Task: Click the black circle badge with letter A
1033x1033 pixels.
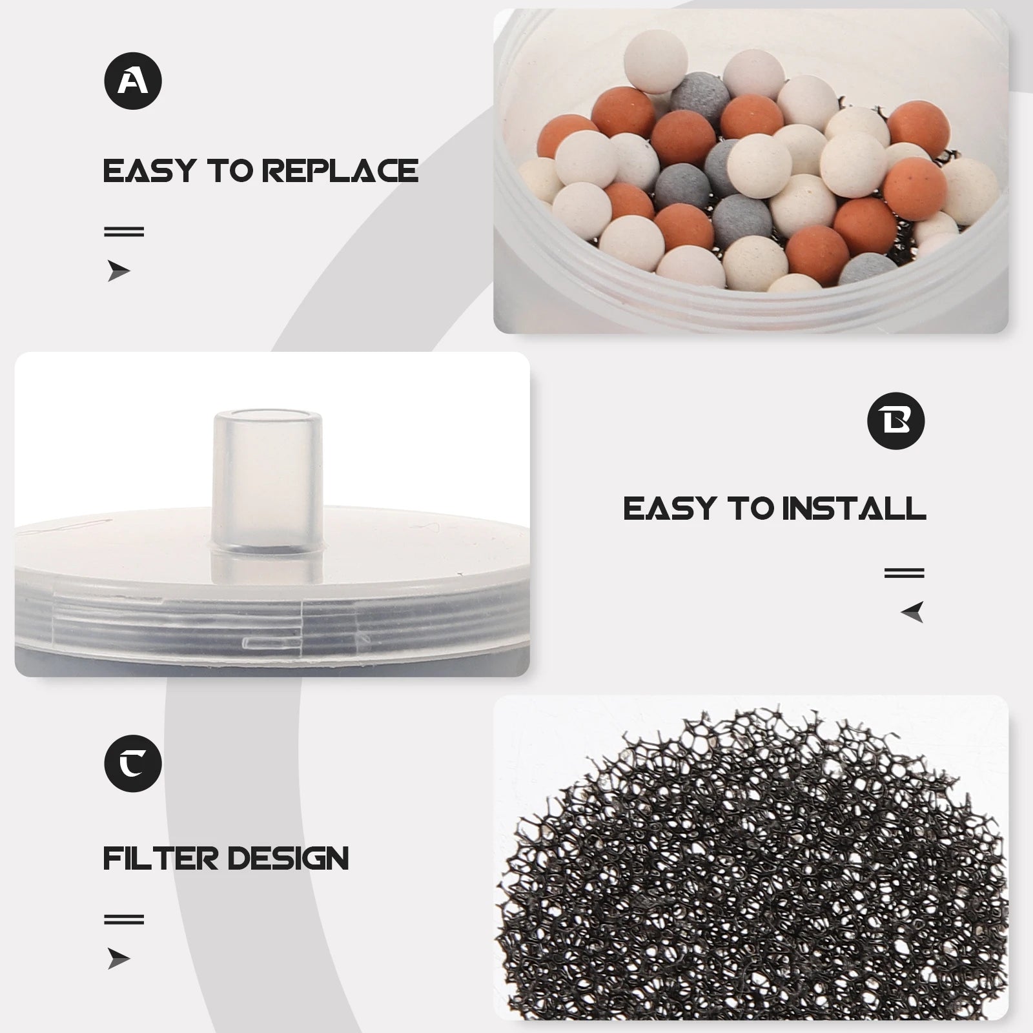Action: click(133, 81)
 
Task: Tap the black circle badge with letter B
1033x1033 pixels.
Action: click(896, 421)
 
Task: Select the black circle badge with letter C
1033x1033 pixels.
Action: click(133, 763)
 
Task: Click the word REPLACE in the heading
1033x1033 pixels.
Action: click(340, 171)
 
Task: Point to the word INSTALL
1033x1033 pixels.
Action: click(854, 509)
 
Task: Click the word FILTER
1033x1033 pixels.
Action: click(161, 859)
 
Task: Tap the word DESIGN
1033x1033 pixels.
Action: click(288, 859)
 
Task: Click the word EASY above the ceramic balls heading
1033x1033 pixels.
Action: click(149, 171)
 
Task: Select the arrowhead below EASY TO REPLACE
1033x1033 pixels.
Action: click(119, 271)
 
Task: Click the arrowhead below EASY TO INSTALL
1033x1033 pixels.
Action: click(912, 611)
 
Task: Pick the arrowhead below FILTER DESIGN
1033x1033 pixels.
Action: click(119, 959)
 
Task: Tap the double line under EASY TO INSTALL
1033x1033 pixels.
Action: click(905, 573)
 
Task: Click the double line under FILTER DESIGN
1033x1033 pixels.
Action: click(124, 919)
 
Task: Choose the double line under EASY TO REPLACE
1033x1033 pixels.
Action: click(124, 231)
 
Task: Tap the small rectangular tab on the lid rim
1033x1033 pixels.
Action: click(272, 642)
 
